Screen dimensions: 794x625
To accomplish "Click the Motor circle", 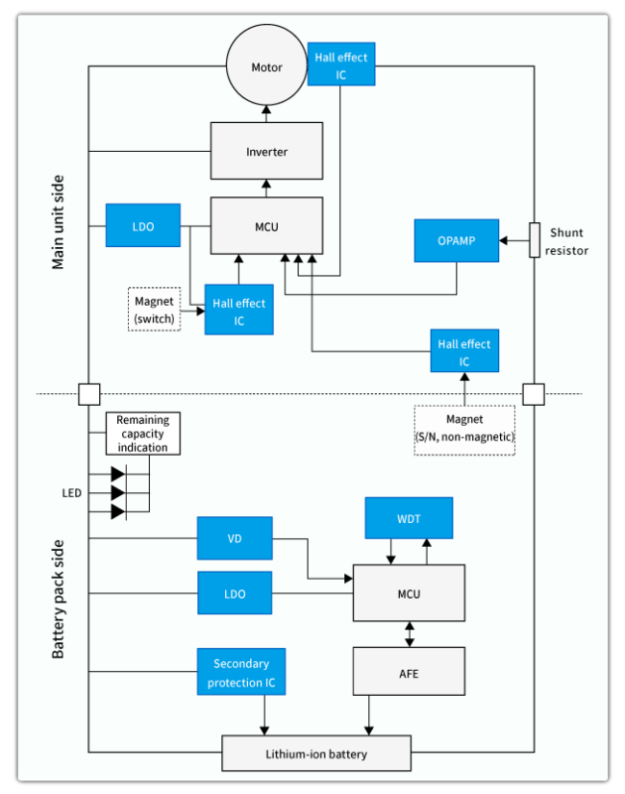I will (266, 67).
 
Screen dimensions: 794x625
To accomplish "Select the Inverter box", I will (266, 152).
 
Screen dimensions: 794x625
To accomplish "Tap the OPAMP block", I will (456, 241).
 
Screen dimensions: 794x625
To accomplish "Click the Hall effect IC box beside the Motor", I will (340, 66).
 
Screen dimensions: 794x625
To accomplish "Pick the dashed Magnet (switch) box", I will (154, 309).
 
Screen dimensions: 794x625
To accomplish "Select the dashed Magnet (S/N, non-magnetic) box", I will (464, 430).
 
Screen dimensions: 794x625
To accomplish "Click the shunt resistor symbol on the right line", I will (534, 239).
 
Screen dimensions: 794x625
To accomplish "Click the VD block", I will (234, 539).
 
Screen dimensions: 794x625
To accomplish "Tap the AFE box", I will (409, 672).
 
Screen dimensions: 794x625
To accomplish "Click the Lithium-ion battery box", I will (315, 753).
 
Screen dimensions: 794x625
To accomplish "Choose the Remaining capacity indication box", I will (143, 434).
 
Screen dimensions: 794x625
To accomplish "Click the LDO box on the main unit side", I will (143, 225).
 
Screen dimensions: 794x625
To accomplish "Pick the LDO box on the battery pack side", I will (234, 594).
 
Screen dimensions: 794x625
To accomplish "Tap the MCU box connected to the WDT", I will (409, 594).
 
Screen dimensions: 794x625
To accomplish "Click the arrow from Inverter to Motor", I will (266, 112).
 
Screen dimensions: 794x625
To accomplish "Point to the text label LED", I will (72, 493).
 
